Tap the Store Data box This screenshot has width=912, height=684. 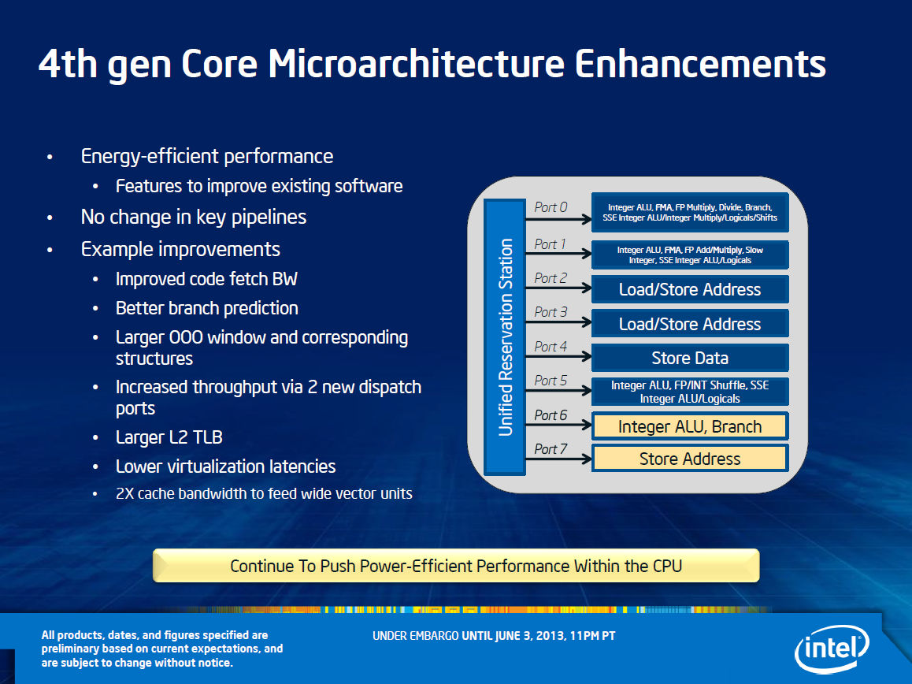click(x=690, y=358)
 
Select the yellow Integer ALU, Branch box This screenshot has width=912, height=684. click(x=690, y=426)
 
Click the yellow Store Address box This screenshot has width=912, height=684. click(x=690, y=458)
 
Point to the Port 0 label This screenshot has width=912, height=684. click(x=551, y=207)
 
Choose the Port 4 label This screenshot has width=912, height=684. click(x=551, y=347)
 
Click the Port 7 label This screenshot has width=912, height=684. click(x=551, y=449)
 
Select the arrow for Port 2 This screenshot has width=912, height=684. click(x=558, y=288)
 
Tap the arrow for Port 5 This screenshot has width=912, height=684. click(x=558, y=390)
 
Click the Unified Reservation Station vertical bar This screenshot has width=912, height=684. click(x=505, y=337)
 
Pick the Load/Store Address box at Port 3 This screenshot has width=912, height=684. click(x=690, y=323)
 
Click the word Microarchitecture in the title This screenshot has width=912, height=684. click(x=416, y=63)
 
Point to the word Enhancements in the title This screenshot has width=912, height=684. click(x=700, y=63)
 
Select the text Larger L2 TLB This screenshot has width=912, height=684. click(x=169, y=437)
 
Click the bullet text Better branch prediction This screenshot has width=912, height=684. click(x=206, y=308)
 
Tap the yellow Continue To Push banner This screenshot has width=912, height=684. click(x=456, y=565)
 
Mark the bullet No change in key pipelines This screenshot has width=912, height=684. click(x=193, y=217)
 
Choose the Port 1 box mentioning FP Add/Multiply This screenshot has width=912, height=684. click(x=690, y=255)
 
